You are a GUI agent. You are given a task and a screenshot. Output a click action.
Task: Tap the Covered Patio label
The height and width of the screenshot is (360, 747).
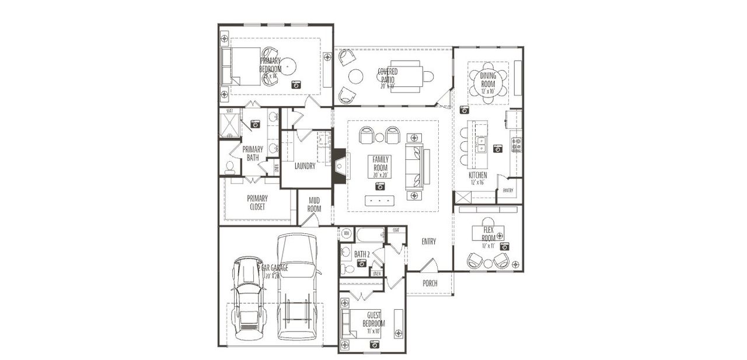click(388, 76)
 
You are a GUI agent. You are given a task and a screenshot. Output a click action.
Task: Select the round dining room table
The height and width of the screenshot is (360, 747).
click(488, 83)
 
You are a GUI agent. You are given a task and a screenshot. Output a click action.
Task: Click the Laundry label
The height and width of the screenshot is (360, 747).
click(305, 166)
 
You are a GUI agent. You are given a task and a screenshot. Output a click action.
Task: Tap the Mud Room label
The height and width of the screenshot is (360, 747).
click(314, 205)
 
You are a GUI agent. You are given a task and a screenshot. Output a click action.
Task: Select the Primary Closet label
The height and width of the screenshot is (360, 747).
click(257, 202)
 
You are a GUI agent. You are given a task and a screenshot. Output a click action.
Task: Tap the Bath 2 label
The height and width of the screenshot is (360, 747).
click(362, 254)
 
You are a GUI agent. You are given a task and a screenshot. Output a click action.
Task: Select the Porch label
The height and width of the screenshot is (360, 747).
click(430, 284)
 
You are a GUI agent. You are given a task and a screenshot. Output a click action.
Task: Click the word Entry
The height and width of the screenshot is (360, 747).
click(429, 242)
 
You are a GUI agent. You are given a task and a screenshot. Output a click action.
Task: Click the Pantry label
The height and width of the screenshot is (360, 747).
click(508, 190)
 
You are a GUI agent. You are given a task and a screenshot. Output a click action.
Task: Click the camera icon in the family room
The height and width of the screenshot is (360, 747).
click(381, 187)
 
